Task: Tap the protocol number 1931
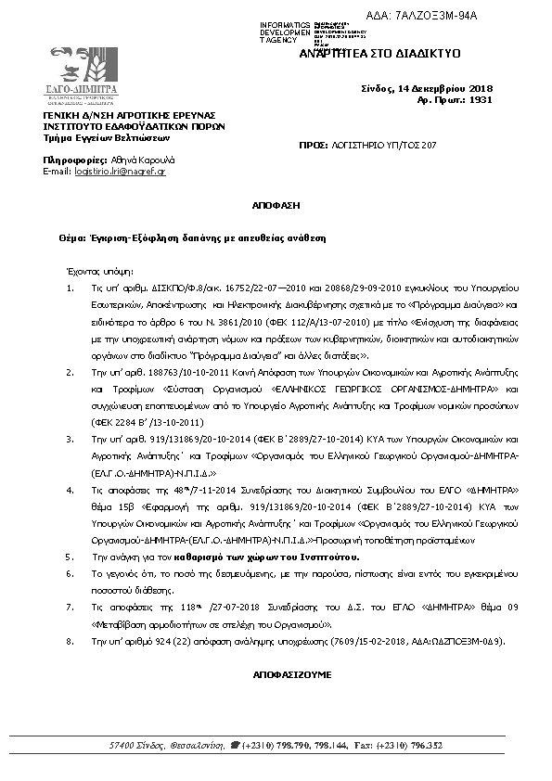click(x=480, y=97)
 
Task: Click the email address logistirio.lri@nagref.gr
click(x=120, y=172)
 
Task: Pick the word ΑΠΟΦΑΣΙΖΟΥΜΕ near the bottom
click(x=275, y=674)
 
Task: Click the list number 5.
click(x=69, y=557)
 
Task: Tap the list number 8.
click(x=69, y=641)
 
